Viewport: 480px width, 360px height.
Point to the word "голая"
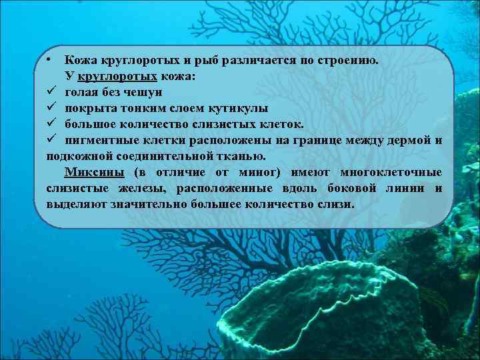[x=82, y=92]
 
